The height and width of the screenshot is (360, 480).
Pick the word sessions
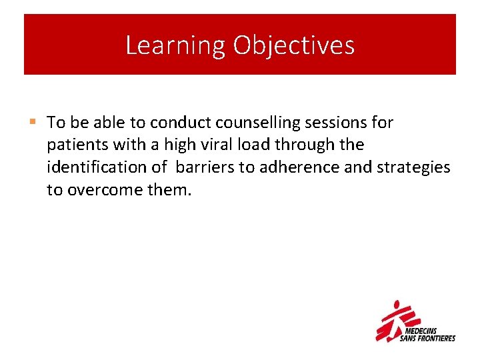pyautogui.click(x=341, y=123)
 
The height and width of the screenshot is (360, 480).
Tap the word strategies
pyautogui.click(x=413, y=167)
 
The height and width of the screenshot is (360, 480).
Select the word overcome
pyautogui.click(x=97, y=190)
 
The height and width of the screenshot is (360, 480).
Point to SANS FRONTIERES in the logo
pyautogui.click(x=427, y=338)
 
